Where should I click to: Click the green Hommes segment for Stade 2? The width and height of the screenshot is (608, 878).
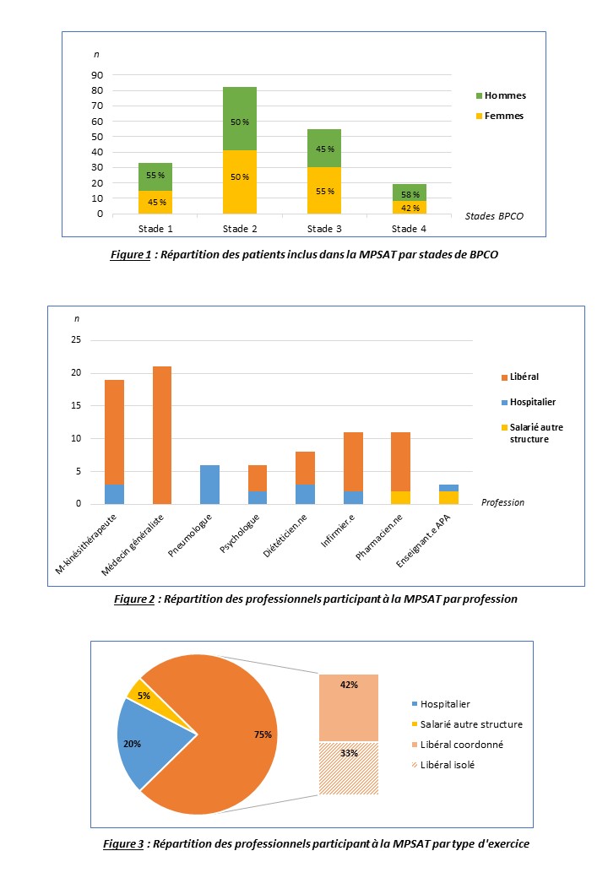coord(240,118)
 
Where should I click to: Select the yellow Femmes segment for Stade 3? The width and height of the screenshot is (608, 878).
coord(324,190)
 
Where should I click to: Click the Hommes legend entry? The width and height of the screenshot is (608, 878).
coord(504,95)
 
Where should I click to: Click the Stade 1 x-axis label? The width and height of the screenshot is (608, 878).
coord(155,229)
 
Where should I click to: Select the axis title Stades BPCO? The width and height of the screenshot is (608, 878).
coord(494,216)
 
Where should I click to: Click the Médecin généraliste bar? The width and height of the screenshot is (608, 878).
coord(160,435)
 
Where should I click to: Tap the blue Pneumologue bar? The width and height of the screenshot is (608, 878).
coord(209,485)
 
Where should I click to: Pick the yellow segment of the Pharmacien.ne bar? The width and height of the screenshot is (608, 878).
coord(400,497)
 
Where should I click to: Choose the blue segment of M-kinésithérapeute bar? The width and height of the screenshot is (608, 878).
coord(114,494)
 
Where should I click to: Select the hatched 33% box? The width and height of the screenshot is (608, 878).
coord(348,767)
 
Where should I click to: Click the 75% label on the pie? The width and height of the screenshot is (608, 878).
coord(263,734)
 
